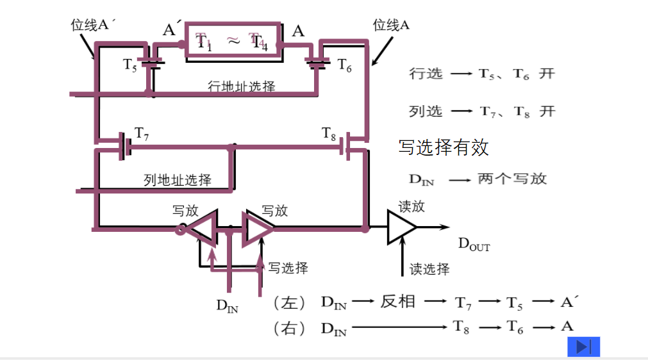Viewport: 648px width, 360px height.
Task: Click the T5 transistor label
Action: coord(130,65)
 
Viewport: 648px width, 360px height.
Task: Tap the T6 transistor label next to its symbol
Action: coord(344,65)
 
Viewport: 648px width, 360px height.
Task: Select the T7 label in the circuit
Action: coord(142,133)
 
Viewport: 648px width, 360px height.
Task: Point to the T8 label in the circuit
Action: coord(329,133)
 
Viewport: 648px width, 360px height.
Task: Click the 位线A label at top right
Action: coord(391,25)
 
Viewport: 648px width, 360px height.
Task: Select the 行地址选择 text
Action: coord(242,86)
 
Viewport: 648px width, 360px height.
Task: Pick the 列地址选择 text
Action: coord(178,180)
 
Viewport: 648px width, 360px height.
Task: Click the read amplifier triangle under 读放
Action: coord(400,227)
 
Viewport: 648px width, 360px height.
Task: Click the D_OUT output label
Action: coord(474,243)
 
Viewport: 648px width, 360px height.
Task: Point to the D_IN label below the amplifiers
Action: coord(227,306)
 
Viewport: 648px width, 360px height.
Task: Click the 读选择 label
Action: coord(429,268)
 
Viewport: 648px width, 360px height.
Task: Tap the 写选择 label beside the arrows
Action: coord(288,267)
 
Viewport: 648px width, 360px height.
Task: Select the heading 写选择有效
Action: coord(444,147)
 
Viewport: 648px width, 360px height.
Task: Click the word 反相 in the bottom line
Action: coord(398,301)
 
